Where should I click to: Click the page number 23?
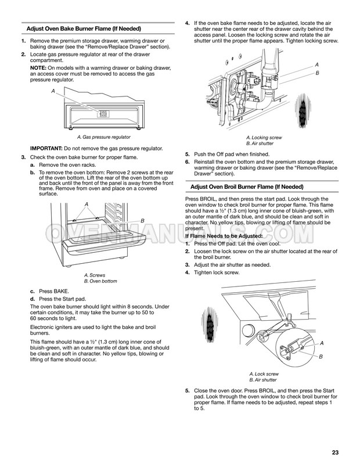335,453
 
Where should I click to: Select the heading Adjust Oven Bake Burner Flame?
84,29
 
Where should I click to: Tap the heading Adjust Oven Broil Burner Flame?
247,187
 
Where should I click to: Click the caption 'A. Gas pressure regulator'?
104,137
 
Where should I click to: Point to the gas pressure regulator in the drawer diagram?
103,114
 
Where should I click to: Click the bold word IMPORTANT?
46,148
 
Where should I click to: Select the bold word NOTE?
38,68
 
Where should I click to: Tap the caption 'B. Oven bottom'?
100,281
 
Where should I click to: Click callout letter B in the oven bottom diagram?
142,221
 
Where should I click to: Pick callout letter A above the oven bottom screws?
87,204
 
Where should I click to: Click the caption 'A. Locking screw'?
264,138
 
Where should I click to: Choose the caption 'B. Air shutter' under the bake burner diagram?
260,144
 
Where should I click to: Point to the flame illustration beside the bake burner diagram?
303,110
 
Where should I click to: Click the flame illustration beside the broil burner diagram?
210,325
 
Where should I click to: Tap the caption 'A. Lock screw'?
264,374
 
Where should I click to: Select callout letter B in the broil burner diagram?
321,357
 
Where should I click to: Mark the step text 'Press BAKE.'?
54,291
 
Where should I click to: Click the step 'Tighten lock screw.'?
217,273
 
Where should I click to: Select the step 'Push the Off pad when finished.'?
232,154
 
